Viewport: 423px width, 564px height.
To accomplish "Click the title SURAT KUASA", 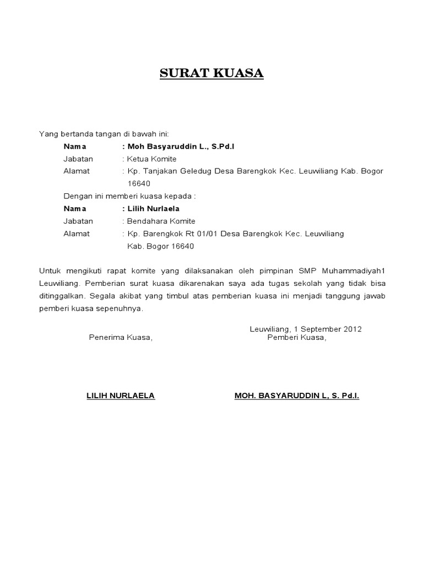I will coord(211,73).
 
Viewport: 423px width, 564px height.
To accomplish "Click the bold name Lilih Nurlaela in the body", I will coord(154,209).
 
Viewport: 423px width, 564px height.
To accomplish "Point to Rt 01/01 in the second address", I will coord(200,234).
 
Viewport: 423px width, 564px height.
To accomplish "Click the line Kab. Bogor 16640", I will coord(161,246).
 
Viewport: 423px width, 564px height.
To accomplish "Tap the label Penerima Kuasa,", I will coord(121,338).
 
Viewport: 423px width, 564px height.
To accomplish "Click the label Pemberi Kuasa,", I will coord(297,338).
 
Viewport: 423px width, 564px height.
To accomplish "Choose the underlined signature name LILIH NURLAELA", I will coord(121,395).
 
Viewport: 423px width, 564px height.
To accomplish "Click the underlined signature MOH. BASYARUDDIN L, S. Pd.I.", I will coord(297,395).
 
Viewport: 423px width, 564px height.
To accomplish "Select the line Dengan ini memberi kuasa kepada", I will coord(129,196).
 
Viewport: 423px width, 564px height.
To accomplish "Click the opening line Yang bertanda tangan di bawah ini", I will coord(104,134).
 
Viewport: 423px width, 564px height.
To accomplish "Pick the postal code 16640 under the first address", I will coord(139,183).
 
